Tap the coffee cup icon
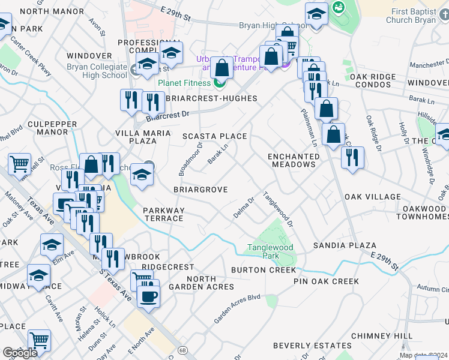[148, 295]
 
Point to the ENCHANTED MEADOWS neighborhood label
[294, 160]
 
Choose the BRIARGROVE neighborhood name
[200, 190]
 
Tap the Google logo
[19, 353]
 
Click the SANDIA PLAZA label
[345, 245]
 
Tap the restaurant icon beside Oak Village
[352, 157]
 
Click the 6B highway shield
[184, 349]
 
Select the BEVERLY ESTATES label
[312, 346]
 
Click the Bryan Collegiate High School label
[97, 71]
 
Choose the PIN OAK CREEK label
[326, 281]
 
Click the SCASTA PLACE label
[215, 136]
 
